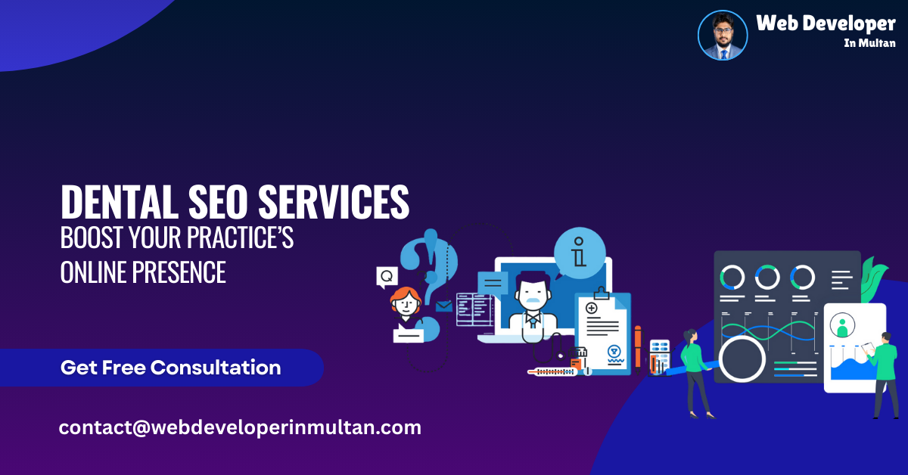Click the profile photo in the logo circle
723,35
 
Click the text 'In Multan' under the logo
869,43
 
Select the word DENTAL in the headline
113,203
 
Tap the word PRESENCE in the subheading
182,272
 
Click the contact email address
240,427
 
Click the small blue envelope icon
443,306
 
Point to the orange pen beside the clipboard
638,348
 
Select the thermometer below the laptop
552,371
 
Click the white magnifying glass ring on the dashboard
742,357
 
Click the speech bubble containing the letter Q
387,277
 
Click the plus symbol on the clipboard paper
591,308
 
